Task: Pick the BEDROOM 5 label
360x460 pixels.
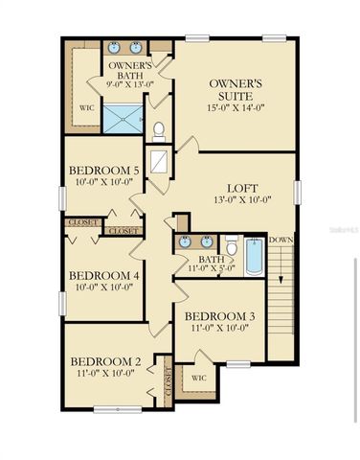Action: pyautogui.click(x=104, y=172)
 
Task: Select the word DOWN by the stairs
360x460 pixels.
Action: pyautogui.click(x=281, y=240)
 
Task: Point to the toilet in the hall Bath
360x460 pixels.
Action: pyautogui.click(x=232, y=247)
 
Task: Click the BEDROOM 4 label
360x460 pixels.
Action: pyautogui.click(x=104, y=273)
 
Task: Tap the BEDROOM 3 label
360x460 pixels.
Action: pyautogui.click(x=219, y=316)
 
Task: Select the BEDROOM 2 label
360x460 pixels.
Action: pyautogui.click(x=104, y=361)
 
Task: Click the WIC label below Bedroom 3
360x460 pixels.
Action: pyautogui.click(x=199, y=379)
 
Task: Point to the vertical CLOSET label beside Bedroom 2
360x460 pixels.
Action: pyautogui.click(x=168, y=380)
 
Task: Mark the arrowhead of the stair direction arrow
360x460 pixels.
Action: pyautogui.click(x=281, y=279)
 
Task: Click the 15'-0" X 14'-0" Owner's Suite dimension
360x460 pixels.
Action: pyautogui.click(x=236, y=108)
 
